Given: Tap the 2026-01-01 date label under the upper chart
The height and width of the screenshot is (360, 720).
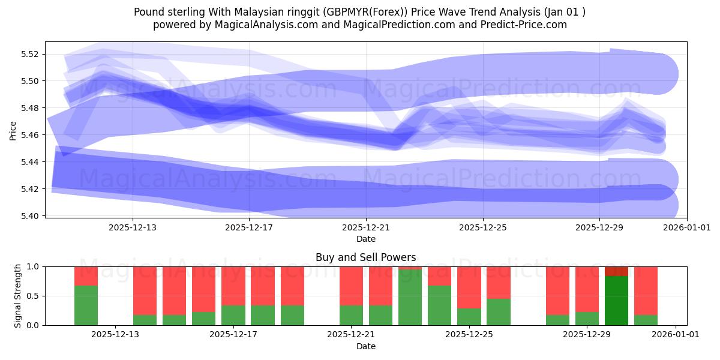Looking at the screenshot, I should click(x=687, y=227).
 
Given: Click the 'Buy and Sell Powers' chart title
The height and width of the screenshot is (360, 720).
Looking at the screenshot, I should click(x=365, y=257).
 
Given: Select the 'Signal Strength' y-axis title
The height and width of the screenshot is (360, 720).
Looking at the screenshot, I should click(x=18, y=295).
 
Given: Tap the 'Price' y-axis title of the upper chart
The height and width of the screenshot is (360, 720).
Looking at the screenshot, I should click(x=13, y=130).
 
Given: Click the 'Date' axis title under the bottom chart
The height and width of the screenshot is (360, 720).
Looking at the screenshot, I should click(x=365, y=346).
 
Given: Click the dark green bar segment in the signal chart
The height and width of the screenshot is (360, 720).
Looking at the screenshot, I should click(x=616, y=301).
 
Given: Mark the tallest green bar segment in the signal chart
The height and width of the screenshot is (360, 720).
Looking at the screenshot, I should click(x=410, y=297).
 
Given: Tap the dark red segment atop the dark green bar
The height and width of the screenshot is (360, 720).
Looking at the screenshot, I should click(x=616, y=271).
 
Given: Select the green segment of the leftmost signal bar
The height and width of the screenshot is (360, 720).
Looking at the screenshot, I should click(x=86, y=305).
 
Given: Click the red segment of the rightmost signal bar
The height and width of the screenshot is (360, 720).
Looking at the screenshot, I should click(x=646, y=290).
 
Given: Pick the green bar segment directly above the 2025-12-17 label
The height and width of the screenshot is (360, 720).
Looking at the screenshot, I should click(x=233, y=315).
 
